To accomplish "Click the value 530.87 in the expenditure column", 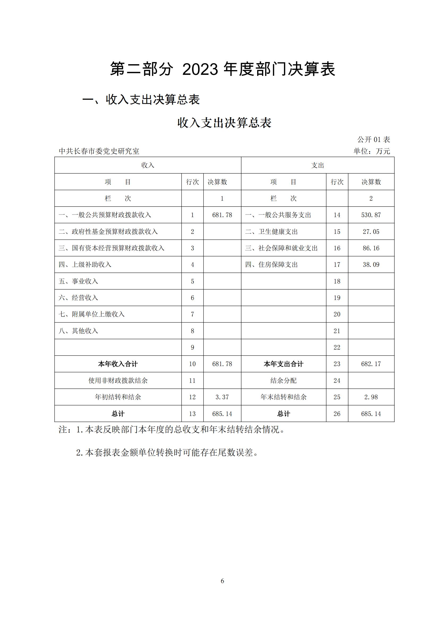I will coord(371,215).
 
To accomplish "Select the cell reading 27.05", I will coord(371,232).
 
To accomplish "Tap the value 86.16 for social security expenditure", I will coord(371,248).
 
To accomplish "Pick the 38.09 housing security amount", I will coord(371,264).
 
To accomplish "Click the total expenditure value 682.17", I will coord(371,364).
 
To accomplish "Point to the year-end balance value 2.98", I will coord(371,397).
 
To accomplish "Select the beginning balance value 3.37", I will coord(222,397).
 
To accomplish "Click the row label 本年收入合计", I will coord(118,364).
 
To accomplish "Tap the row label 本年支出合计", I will coord(283,364).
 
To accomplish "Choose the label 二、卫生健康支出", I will coord(272,232).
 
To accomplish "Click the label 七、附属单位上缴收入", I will coord(91,314).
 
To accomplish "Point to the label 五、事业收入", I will coord(78,281).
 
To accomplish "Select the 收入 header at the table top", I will coord(148,165).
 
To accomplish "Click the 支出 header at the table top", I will coord(317,165).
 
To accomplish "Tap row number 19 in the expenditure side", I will coord(337,298).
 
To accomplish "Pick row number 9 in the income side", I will coord(192,347).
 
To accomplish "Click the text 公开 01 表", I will coord(374,140).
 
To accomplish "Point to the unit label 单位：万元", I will coord(372,151).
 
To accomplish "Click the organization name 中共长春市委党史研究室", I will coord(99,151).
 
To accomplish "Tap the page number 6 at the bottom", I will coord(222,581).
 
